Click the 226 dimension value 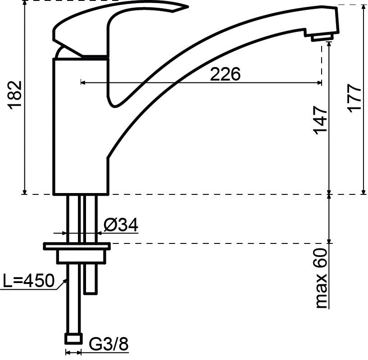pyautogui.click(x=225, y=74)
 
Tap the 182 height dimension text pyautogui.click(x=15, y=95)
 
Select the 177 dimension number pyautogui.click(x=354, y=99)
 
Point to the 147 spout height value pyautogui.click(x=320, y=120)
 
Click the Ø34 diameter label pyautogui.click(x=121, y=225)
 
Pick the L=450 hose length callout pyautogui.click(x=29, y=280)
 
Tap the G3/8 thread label pyautogui.click(x=109, y=344)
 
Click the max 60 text pyautogui.click(x=321, y=279)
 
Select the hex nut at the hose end pyautogui.click(x=73, y=339)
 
